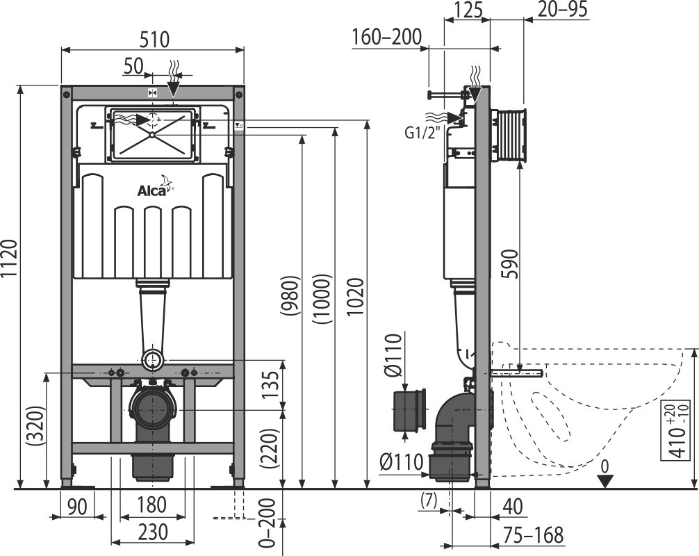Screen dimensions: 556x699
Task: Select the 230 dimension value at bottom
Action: coord(152,532)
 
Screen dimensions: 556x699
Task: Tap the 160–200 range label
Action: coord(386,36)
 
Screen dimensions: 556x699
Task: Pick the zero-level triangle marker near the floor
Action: coord(606,481)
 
